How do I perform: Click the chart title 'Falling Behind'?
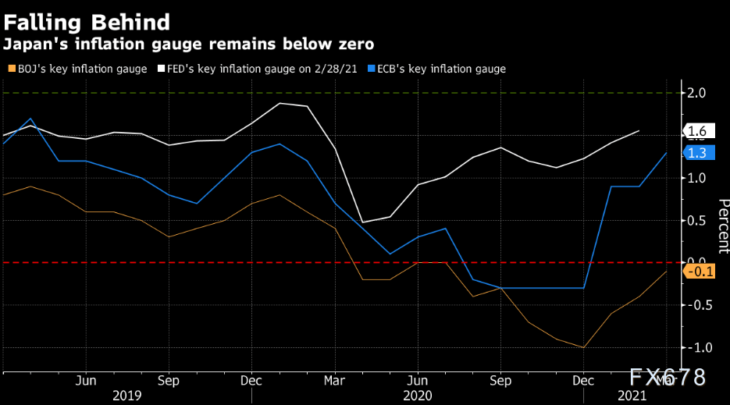coord(87,23)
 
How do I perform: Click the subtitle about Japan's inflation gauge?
coord(189,44)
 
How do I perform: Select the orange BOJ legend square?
coord(12,69)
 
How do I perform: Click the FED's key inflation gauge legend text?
coord(262,69)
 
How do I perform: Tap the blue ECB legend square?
coord(371,69)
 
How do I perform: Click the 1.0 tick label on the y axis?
coord(696,178)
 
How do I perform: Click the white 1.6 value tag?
coord(699,131)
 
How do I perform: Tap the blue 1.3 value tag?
coord(699,153)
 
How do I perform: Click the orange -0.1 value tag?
coord(699,271)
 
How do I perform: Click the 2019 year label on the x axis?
coord(127,396)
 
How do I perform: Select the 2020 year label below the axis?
coord(418,396)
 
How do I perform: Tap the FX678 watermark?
coord(667,377)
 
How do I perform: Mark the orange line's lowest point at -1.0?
coord(583,347)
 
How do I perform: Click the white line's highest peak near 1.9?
coord(280,103)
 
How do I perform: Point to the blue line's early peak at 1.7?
coord(30,119)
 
